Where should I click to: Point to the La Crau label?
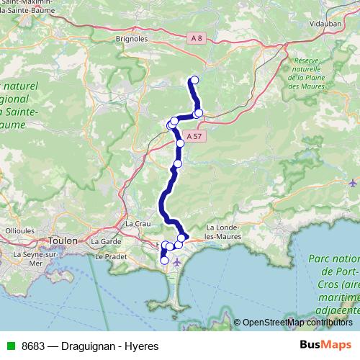138,224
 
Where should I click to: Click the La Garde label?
105,241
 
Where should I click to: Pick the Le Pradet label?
110,256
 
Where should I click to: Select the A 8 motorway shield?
198,38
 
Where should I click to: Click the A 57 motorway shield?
192,135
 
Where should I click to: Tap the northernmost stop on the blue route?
194,80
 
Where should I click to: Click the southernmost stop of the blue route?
164,260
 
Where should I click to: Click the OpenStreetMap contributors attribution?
297,322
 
